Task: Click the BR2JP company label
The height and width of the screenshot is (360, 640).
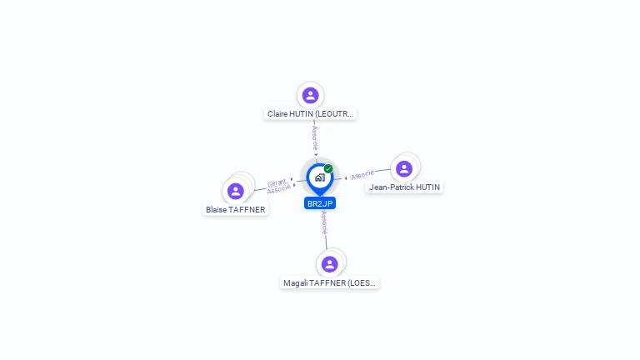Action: (x=320, y=203)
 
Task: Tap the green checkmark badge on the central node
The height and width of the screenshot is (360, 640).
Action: (x=328, y=168)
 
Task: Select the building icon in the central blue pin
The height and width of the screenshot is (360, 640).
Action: (x=319, y=177)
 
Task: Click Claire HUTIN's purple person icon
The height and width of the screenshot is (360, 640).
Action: (x=311, y=95)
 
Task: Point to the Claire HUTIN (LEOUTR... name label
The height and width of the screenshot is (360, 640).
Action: (x=311, y=113)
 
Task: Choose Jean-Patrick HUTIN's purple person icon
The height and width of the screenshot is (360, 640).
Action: (x=404, y=169)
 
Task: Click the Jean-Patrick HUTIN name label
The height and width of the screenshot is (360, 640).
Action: (x=404, y=187)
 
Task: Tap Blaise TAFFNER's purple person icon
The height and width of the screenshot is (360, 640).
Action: (x=236, y=191)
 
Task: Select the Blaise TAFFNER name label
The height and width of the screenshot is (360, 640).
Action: (x=236, y=210)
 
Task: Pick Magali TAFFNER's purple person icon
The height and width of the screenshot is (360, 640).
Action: (x=330, y=264)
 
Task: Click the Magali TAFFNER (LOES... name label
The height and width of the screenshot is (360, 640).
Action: (x=330, y=283)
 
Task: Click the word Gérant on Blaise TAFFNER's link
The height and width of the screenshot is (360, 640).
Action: (x=277, y=182)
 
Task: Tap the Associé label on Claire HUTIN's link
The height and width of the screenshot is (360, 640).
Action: (x=315, y=137)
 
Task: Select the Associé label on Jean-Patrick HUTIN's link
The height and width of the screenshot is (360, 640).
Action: (x=362, y=175)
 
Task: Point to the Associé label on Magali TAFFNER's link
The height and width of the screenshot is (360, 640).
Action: (x=324, y=222)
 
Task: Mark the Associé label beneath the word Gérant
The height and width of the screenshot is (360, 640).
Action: (x=278, y=190)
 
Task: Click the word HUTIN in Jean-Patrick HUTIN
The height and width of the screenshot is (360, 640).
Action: (x=427, y=187)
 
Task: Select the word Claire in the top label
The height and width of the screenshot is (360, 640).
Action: (x=278, y=113)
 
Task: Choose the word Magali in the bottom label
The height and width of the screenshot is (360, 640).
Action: (x=296, y=283)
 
